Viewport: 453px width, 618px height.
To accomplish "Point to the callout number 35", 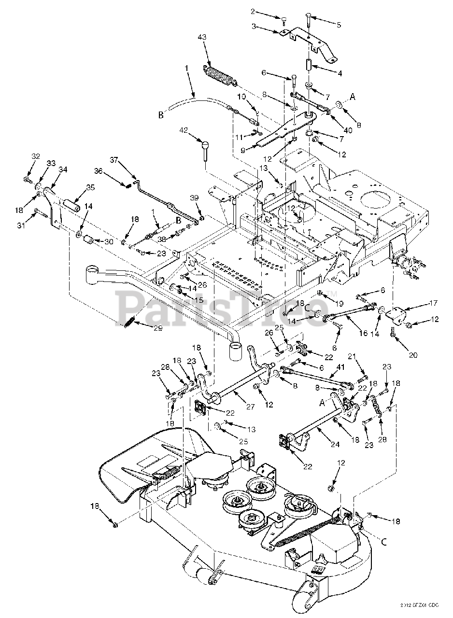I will [x=90, y=187].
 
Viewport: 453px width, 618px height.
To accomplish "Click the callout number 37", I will [x=114, y=159].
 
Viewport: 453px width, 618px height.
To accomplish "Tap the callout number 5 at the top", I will [x=339, y=25].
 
